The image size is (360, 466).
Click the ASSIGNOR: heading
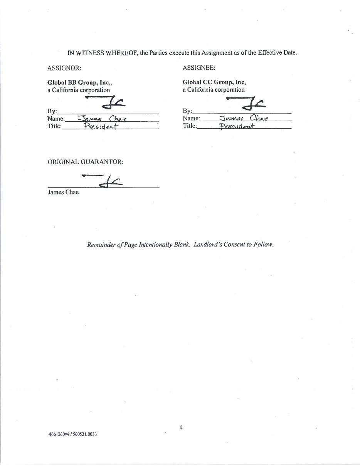point(64,68)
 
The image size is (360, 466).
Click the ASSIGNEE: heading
point(199,68)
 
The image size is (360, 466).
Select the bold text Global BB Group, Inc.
point(79,82)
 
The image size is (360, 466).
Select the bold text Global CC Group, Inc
point(214,82)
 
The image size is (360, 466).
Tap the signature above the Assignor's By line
point(106,102)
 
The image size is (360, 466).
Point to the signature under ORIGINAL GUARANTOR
point(104,180)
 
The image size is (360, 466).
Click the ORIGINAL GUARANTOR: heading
point(86,162)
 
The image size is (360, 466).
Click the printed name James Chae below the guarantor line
point(63,192)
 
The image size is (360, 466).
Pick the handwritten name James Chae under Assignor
point(103,119)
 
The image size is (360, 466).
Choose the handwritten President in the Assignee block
point(237,126)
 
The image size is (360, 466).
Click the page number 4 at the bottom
point(181,427)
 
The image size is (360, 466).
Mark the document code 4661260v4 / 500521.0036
point(72,434)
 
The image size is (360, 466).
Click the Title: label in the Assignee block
point(190,126)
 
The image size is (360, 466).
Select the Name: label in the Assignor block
point(56,119)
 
